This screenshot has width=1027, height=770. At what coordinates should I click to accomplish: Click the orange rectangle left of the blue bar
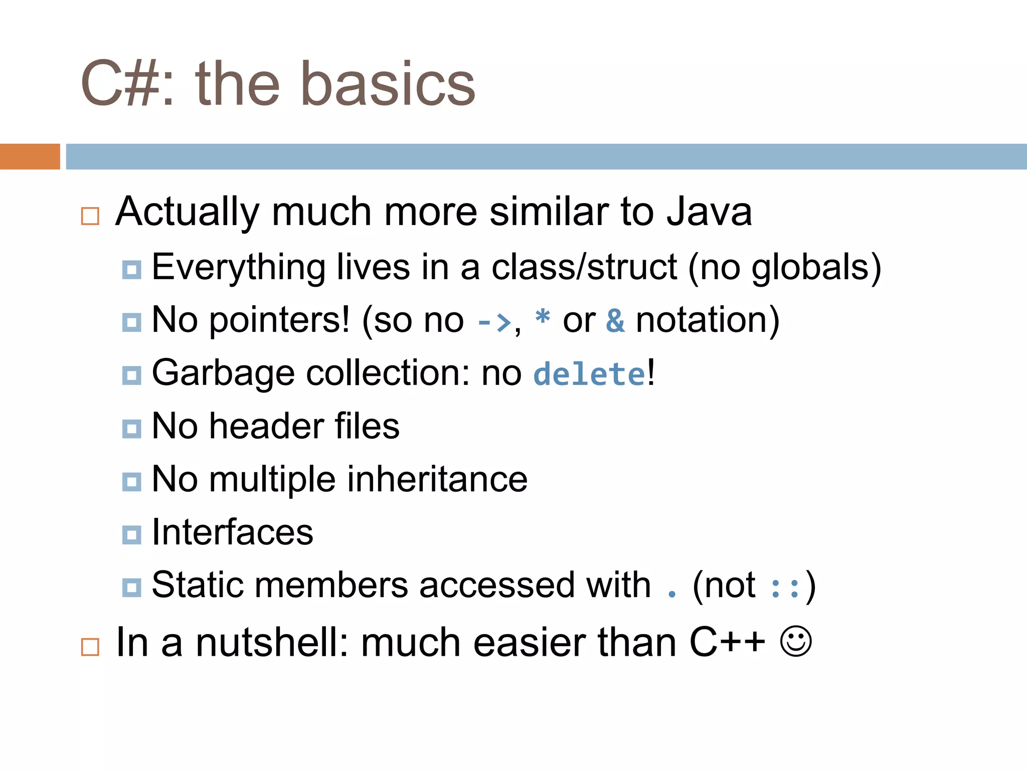30,156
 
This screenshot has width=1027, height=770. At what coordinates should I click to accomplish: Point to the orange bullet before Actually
90,216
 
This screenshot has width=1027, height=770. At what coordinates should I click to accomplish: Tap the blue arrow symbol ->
493,322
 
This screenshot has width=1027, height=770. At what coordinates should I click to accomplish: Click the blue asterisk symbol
543,318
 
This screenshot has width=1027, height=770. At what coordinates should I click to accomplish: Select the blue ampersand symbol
615,321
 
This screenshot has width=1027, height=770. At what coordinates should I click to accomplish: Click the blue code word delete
589,374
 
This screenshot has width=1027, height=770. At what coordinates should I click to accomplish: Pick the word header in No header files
266,426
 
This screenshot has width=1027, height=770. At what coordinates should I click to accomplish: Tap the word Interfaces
232,532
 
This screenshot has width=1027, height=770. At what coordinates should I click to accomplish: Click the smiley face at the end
795,641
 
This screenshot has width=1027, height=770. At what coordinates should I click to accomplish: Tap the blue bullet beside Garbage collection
131,375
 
